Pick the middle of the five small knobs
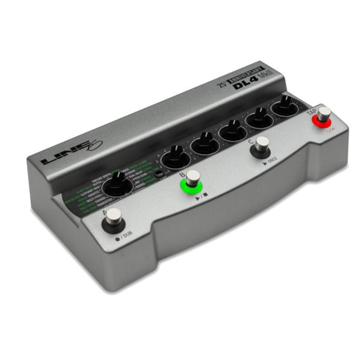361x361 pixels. tap(232, 130)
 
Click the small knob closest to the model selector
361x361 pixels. tap(175, 158)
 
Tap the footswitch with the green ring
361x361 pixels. tap(192, 179)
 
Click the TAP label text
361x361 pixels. tap(312, 111)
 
